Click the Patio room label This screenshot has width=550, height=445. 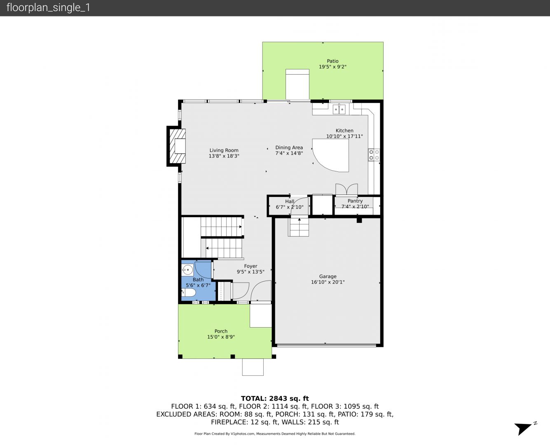[x=332, y=61]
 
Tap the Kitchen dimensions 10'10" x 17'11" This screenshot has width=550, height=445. [x=344, y=136]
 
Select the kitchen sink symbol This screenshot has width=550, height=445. [x=339, y=110]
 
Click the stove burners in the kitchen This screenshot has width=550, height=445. [x=374, y=155]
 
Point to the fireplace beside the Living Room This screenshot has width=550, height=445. [x=177, y=146]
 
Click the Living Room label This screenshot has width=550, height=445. [x=224, y=150]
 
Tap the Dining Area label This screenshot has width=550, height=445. [x=289, y=148]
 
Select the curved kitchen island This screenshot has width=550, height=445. [x=330, y=155]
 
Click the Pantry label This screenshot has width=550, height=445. [x=355, y=201]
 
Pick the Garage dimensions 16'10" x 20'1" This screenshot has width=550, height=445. [x=328, y=282]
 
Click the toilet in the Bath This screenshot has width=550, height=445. [x=189, y=293]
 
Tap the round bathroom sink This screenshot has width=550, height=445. [x=187, y=270]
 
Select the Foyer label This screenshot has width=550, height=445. [x=250, y=266]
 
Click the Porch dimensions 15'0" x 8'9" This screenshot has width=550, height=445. [x=221, y=337]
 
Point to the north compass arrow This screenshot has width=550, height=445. [x=523, y=428]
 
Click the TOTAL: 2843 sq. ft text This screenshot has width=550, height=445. [x=275, y=398]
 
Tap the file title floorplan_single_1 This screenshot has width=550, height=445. [x=48, y=8]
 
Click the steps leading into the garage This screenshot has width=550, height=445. [x=299, y=227]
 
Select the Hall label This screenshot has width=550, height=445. [x=290, y=201]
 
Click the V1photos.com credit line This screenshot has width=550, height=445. [x=275, y=433]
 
